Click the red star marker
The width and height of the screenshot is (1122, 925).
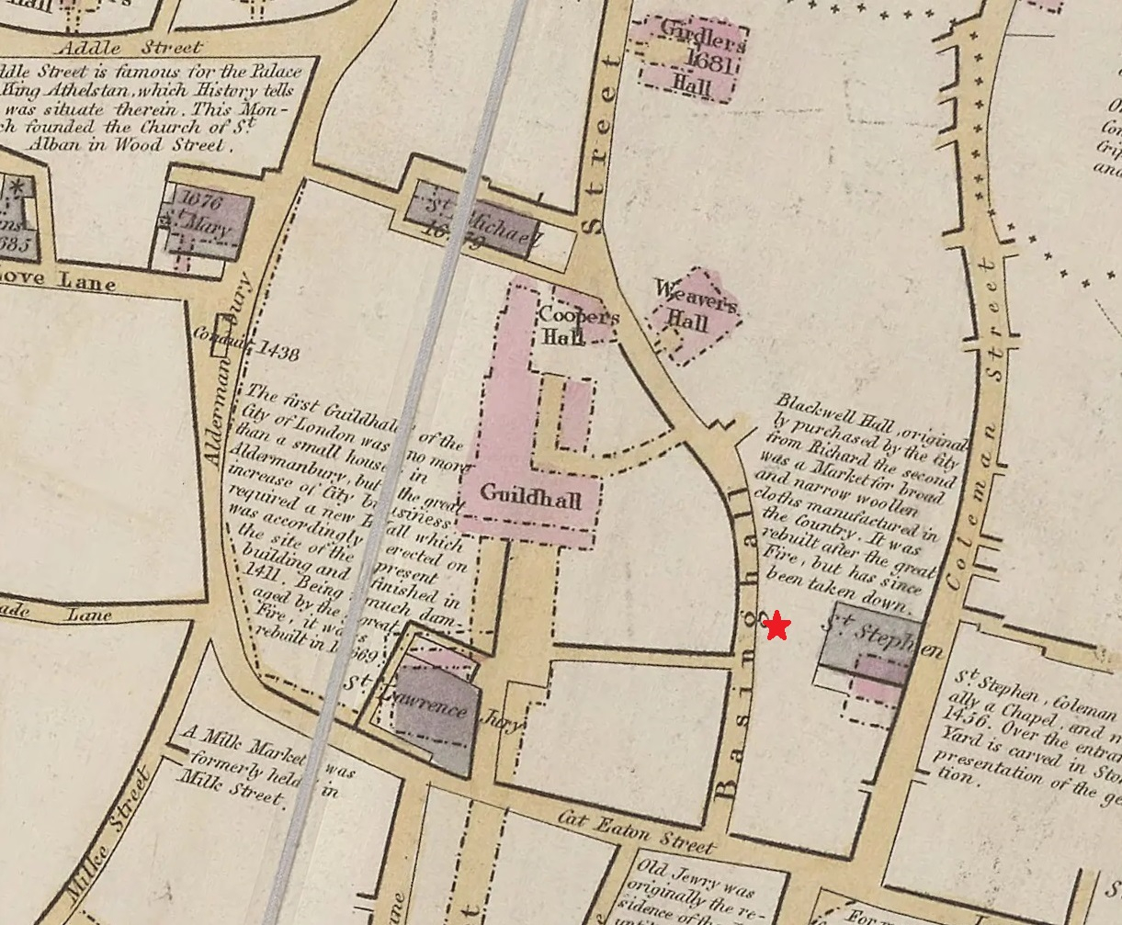(777, 627)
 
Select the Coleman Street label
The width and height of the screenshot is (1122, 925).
(978, 423)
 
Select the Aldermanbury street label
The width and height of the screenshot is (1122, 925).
(227, 367)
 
